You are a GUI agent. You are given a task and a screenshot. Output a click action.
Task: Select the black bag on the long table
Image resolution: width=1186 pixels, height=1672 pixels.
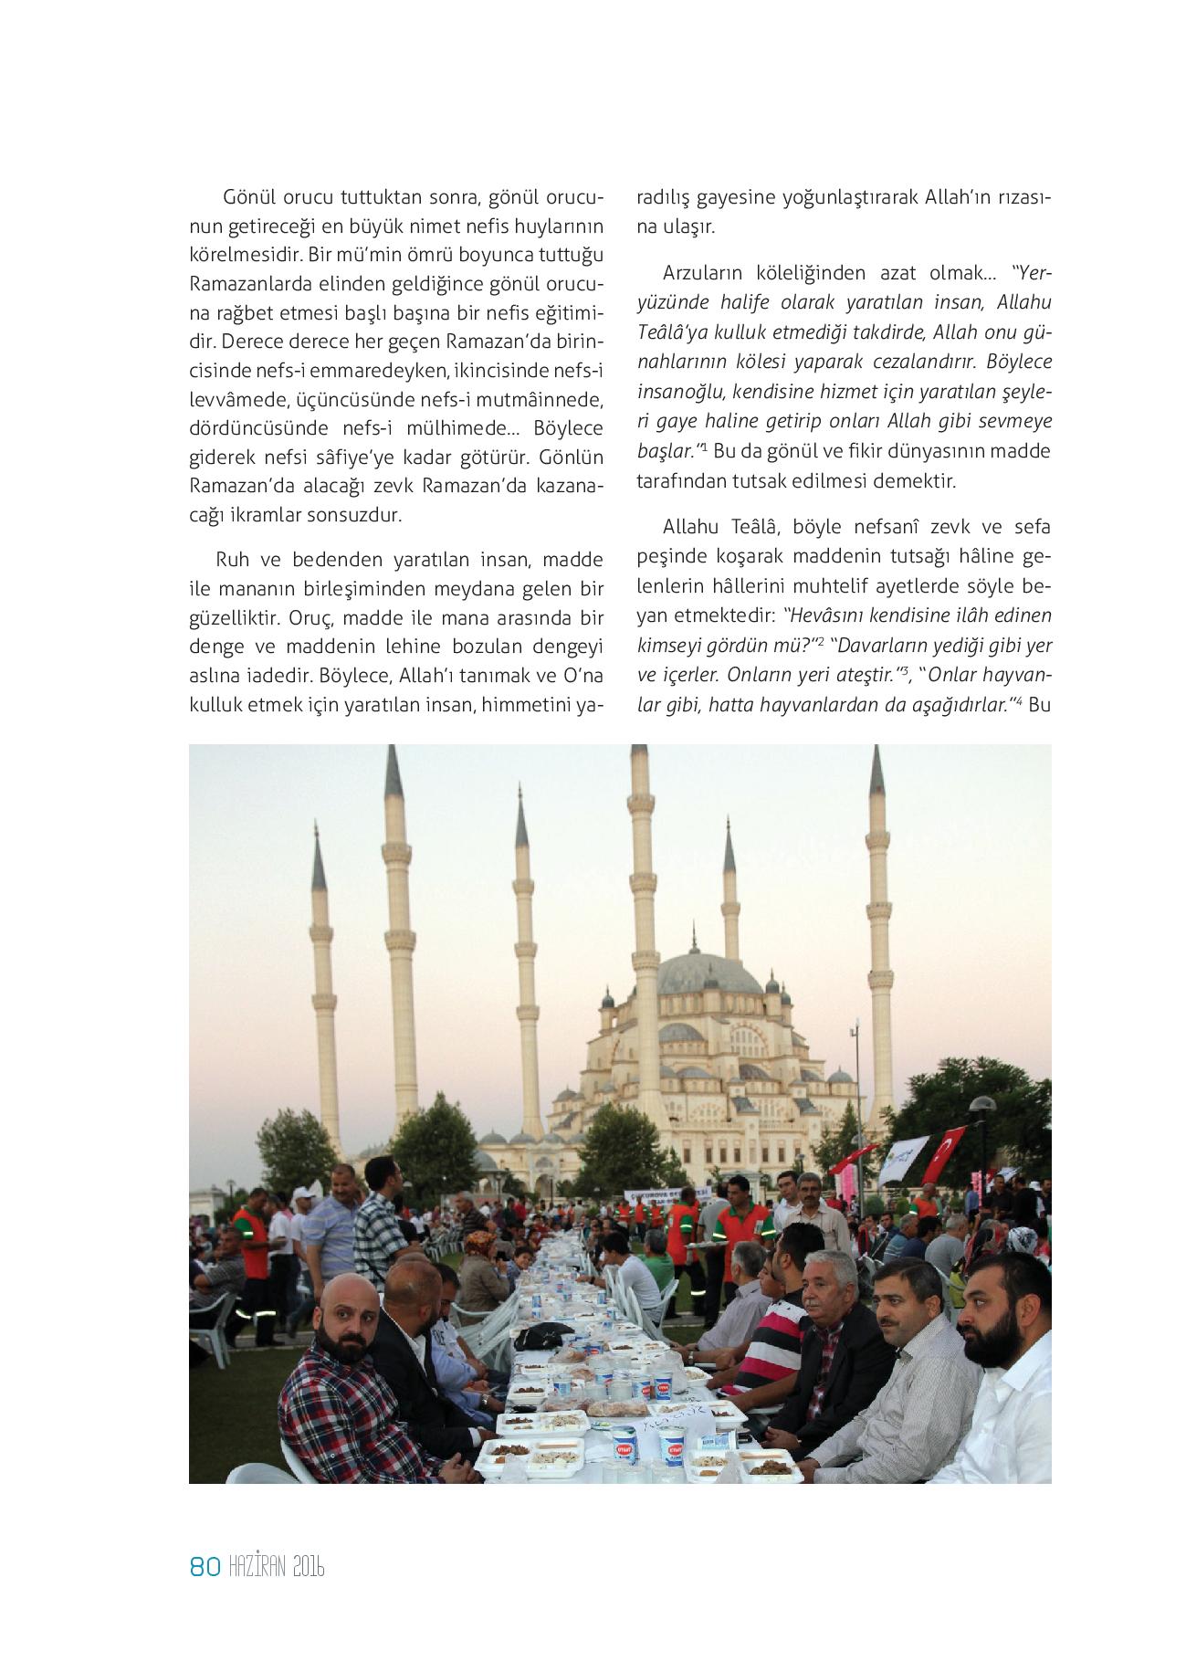[x=546, y=1336]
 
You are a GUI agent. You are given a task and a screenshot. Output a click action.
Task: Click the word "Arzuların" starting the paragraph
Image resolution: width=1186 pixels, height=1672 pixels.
[x=703, y=272]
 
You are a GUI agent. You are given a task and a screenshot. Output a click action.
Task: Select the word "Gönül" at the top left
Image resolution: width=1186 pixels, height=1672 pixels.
[x=248, y=197]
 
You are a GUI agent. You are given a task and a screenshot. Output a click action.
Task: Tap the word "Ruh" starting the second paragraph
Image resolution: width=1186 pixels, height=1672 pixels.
[x=233, y=559]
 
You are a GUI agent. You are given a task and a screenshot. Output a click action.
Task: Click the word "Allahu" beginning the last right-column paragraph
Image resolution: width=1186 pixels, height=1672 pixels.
[x=693, y=527]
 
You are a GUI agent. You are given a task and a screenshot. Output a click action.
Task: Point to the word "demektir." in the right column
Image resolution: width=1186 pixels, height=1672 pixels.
[x=916, y=479]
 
